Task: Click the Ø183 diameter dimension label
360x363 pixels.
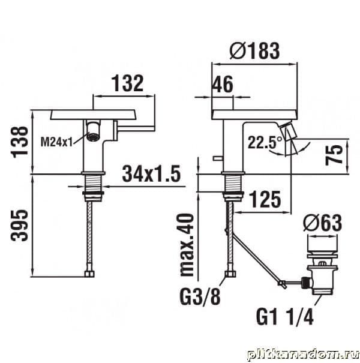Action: (254, 50)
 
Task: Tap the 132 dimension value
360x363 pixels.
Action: (128, 83)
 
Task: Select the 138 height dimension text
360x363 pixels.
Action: (19, 142)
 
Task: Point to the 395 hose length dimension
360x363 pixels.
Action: (19, 225)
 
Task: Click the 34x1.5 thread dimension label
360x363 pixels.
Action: (151, 173)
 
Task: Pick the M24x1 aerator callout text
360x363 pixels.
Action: (57, 142)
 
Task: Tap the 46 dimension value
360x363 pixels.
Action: (223, 85)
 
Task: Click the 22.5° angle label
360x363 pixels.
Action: (265, 142)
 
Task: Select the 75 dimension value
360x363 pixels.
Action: (334, 155)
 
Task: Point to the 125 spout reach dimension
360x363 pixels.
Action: (265, 199)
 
